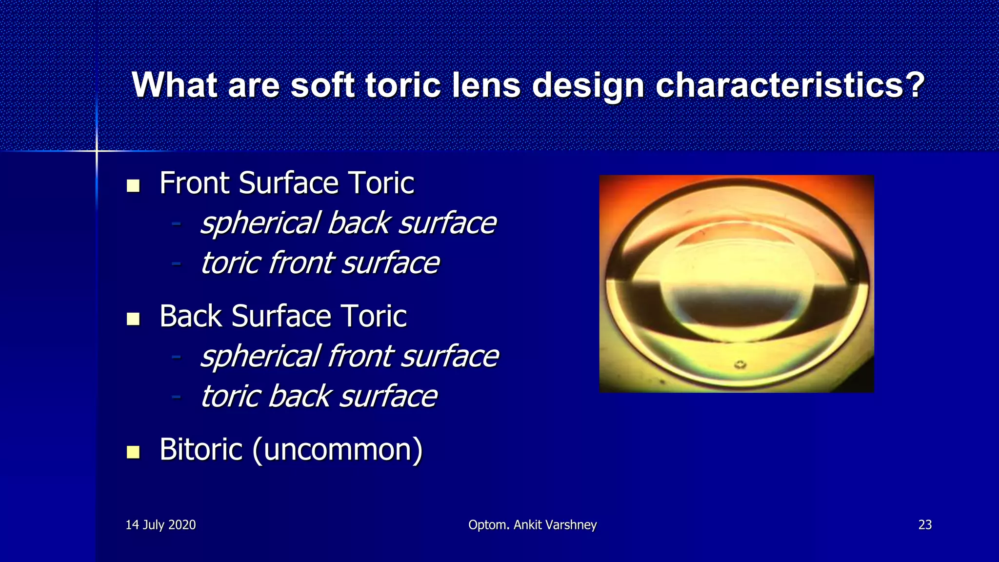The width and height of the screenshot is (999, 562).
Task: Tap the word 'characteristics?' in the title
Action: pyautogui.click(x=790, y=85)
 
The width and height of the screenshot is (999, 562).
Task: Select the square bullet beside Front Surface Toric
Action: pyautogui.click(x=133, y=186)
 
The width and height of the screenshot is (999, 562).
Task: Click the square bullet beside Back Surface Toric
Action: pyautogui.click(x=133, y=319)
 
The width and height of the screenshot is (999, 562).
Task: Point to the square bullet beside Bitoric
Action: pyautogui.click(x=133, y=452)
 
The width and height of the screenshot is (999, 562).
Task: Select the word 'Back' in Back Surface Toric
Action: pyautogui.click(x=191, y=317)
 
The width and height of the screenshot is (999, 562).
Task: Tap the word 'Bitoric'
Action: pyautogui.click(x=201, y=449)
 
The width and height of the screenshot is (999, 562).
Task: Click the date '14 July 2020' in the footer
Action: pyautogui.click(x=160, y=525)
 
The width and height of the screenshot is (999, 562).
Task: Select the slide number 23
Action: pyautogui.click(x=925, y=525)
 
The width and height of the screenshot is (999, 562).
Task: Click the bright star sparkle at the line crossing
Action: pyautogui.click(x=97, y=151)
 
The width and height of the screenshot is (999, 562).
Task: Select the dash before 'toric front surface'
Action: pyautogui.click(x=177, y=264)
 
